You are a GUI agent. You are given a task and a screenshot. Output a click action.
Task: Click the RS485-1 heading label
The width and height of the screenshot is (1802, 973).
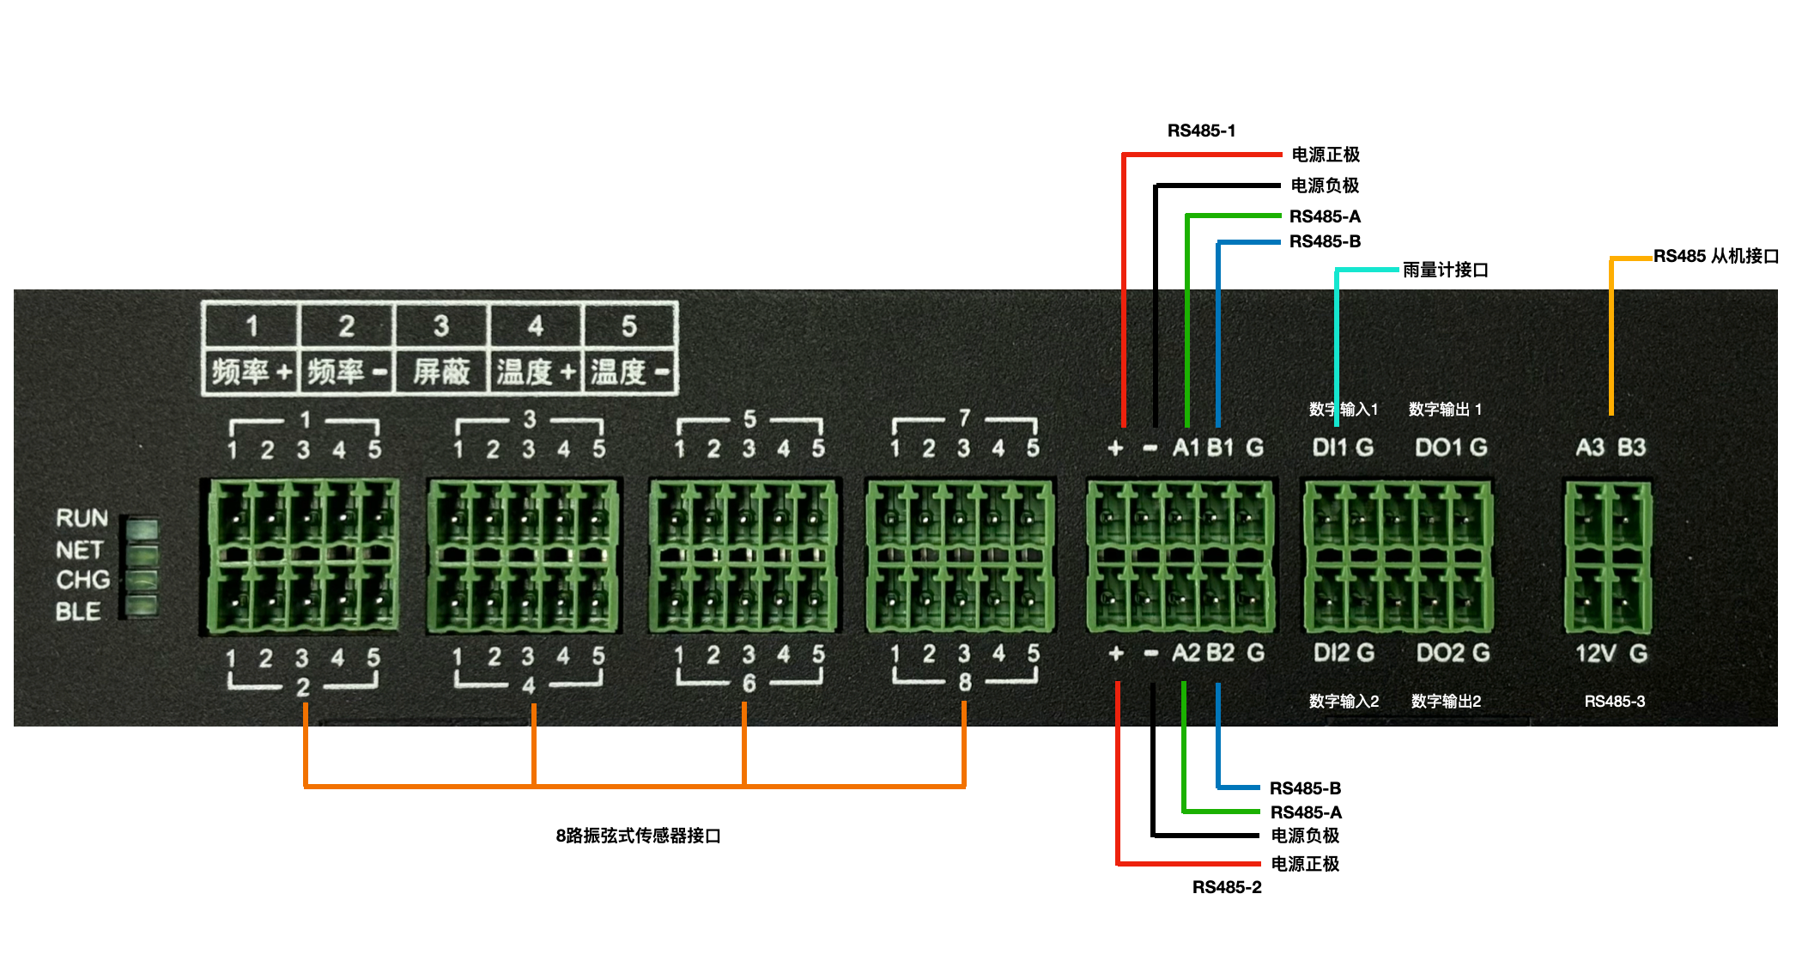[x=1200, y=131]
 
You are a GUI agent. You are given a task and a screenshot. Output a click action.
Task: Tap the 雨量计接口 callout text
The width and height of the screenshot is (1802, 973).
[x=1445, y=270]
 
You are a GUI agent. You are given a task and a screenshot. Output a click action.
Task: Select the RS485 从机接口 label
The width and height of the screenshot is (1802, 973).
[x=1715, y=256]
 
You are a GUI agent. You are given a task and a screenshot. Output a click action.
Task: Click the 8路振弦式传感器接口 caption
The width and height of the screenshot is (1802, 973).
[x=638, y=836]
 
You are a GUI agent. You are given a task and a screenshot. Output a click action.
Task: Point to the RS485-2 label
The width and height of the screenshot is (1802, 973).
[x=1226, y=887]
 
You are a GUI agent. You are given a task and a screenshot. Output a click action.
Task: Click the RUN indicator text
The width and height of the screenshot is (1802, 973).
[x=82, y=518]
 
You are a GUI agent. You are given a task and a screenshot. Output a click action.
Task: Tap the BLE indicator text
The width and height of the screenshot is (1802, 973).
[x=78, y=611]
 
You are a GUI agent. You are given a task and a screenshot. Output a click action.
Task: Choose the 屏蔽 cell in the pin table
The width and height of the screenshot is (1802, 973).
[x=441, y=372]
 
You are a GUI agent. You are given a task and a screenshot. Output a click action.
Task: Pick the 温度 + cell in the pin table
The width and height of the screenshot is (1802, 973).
[x=536, y=372]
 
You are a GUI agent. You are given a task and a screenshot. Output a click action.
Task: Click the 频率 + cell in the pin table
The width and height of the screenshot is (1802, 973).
[x=251, y=372]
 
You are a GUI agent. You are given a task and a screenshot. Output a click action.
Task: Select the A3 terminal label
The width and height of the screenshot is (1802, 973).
[x=1589, y=447]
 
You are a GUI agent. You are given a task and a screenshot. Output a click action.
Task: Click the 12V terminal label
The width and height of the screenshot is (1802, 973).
[x=1595, y=654]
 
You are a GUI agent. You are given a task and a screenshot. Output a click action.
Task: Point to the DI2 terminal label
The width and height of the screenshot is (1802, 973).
[x=1332, y=654]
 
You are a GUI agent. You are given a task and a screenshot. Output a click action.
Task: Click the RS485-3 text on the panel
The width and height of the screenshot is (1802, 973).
[x=1614, y=702]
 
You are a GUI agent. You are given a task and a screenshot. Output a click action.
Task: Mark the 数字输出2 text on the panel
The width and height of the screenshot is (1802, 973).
[x=1446, y=702]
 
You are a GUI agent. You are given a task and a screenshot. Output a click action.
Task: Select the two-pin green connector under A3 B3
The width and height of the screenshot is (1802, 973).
[x=1607, y=557]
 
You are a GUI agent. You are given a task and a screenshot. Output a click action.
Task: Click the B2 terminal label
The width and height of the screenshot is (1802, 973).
[x=1220, y=654]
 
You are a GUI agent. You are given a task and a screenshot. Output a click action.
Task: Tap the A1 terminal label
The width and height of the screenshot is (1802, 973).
[x=1186, y=447]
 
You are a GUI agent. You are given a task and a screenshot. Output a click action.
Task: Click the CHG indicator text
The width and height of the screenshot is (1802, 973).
[x=82, y=581]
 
